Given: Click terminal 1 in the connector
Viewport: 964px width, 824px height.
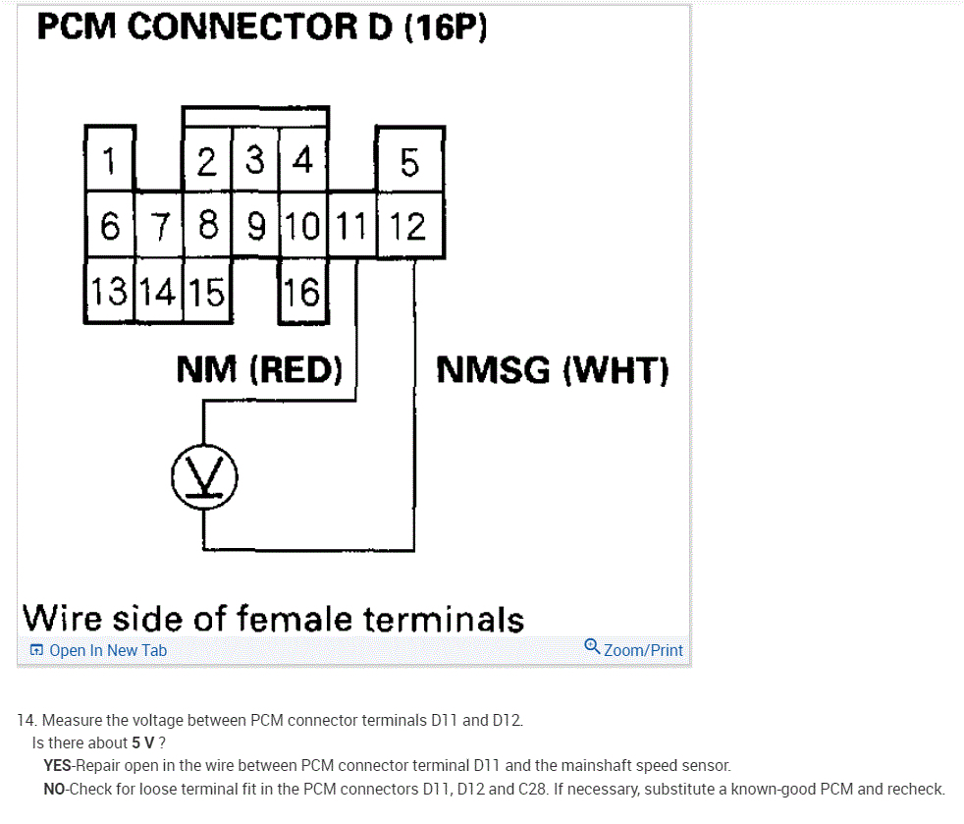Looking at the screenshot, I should coord(110,160).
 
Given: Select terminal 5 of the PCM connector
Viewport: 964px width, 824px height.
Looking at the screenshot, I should coord(410,161).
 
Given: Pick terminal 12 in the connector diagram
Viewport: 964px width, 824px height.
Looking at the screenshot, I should coord(408,227).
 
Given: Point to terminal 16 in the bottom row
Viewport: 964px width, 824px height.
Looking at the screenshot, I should coord(303,292).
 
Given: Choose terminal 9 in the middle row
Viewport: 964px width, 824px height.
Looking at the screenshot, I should coord(256,227).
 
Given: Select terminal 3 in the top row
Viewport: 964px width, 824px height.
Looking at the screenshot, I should coord(255,160).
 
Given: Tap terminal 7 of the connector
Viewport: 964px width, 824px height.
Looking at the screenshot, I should coord(159,227).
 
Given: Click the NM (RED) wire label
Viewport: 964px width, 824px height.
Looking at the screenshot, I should coord(259,370).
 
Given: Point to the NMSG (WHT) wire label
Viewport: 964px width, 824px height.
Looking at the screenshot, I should coord(552,370).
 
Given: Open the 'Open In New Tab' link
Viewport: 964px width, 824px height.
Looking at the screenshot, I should coord(99,650).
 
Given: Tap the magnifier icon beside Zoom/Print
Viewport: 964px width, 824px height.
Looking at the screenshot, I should coord(592,646).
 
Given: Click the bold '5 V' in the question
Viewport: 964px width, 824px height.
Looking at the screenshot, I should coord(143,742).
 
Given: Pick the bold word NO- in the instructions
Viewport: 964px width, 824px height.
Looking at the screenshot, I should coord(57,789).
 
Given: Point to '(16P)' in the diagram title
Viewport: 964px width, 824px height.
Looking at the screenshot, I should coord(446,27).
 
